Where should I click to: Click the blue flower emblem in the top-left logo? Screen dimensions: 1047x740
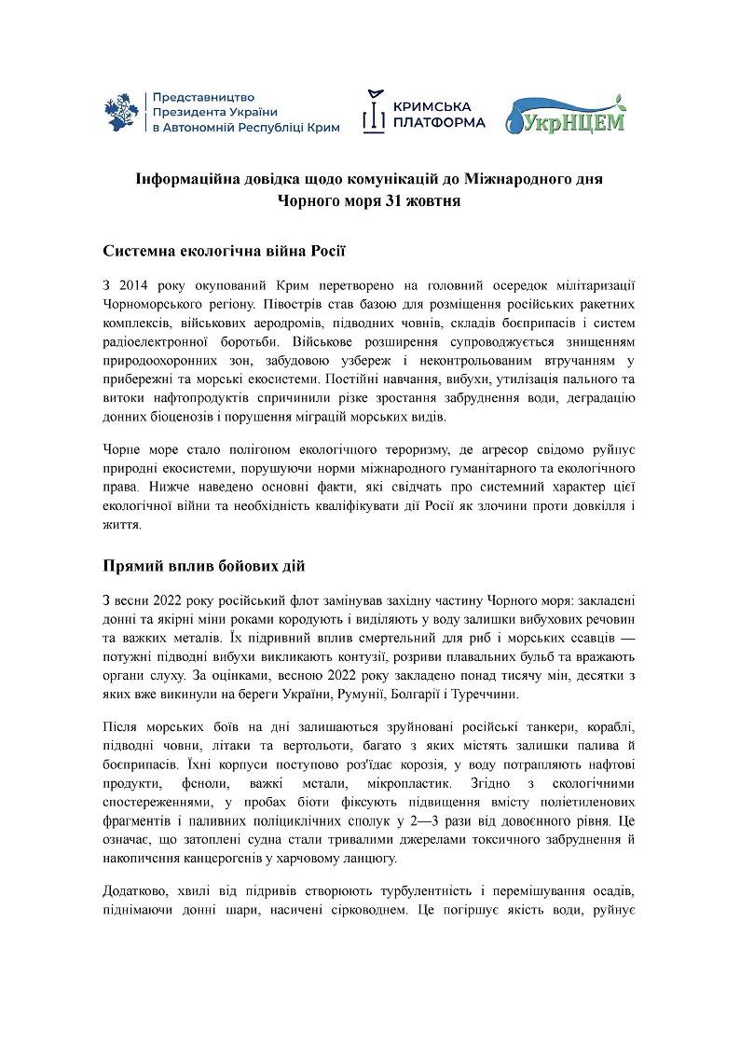click(x=123, y=112)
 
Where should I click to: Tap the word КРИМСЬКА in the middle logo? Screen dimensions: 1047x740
click(x=432, y=105)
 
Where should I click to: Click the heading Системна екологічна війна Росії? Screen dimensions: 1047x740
click(x=224, y=250)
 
